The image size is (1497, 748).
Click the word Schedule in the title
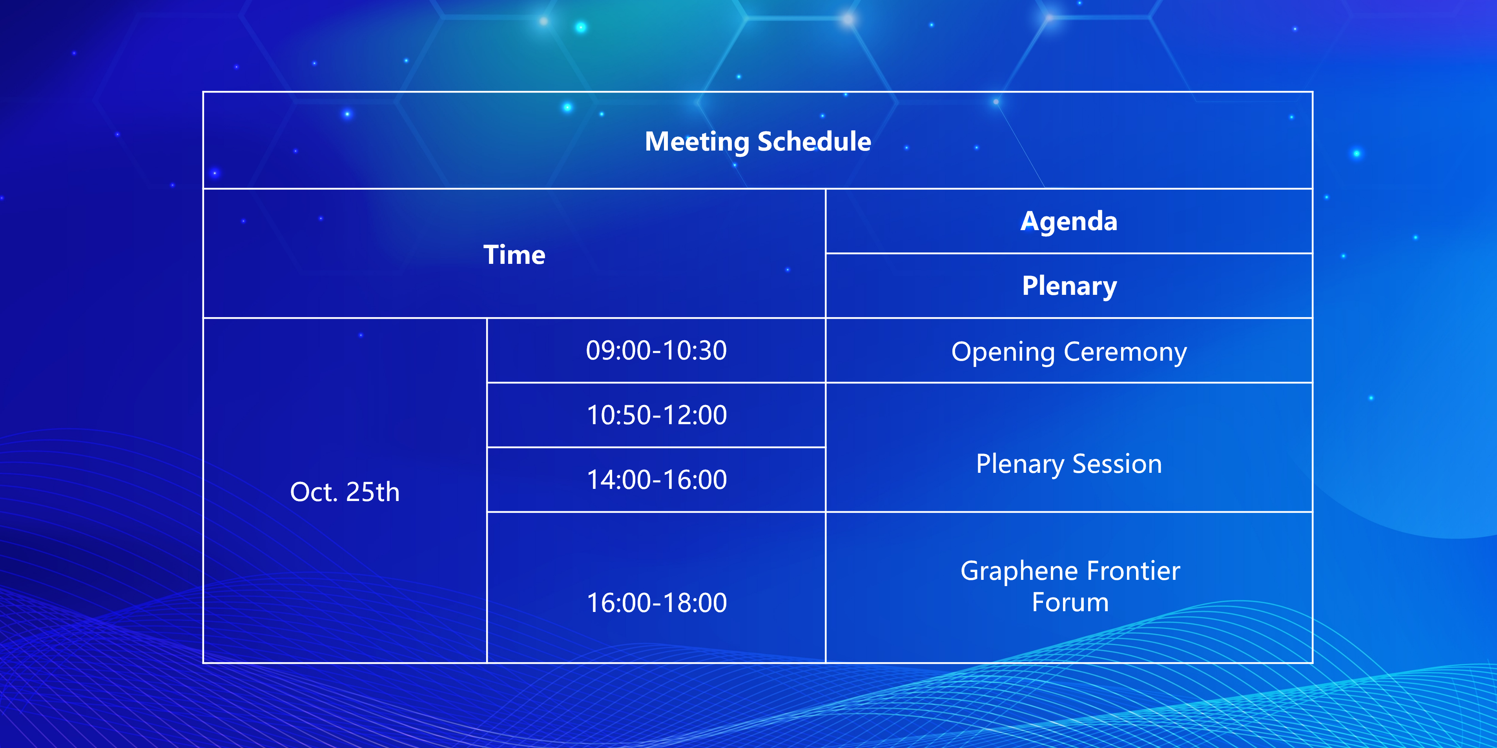(x=815, y=141)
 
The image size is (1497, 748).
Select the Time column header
(x=514, y=255)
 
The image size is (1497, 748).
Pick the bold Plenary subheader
(x=1069, y=286)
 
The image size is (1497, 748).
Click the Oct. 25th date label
(x=345, y=492)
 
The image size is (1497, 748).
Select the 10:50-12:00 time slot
(x=657, y=415)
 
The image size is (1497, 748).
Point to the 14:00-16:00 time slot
(x=657, y=480)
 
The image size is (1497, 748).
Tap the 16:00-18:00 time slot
(x=657, y=603)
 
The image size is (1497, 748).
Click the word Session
(x=1117, y=464)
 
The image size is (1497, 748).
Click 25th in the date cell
(x=372, y=492)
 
